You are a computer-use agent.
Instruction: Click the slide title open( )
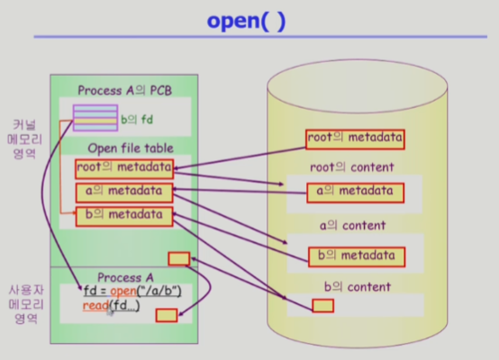246,21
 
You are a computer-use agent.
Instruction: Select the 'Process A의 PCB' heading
124,91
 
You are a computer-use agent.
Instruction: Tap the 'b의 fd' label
137,120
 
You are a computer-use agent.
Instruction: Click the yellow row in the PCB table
95,121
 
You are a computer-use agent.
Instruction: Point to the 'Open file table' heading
131,148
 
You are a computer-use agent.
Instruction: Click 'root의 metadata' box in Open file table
124,169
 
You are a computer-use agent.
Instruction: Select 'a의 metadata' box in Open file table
124,193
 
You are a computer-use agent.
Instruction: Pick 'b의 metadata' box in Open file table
124,217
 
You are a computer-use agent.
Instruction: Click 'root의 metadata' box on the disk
355,139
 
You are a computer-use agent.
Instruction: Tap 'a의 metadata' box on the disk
356,193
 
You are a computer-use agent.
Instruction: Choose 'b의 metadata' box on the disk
357,257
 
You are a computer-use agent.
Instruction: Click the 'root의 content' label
352,167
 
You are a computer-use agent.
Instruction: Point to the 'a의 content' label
352,226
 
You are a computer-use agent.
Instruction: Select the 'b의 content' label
357,287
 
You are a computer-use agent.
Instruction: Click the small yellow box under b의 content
323,306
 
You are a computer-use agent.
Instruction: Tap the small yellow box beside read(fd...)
167,315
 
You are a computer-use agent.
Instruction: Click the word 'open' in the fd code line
123,292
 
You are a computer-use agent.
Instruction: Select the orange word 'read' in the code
95,306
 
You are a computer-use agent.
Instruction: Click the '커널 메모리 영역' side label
24,139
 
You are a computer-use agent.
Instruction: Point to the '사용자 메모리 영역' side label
26,304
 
